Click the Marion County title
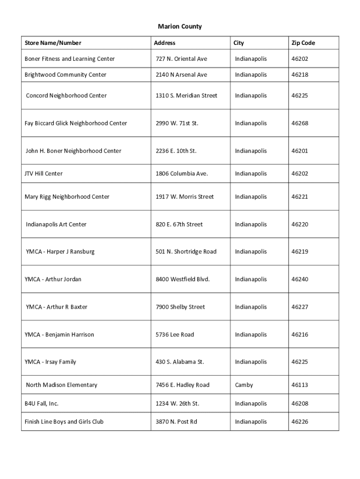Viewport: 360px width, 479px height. (180, 27)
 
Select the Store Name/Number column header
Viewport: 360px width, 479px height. (53, 43)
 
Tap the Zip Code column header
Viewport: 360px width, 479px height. (303, 43)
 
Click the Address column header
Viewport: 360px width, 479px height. (165, 43)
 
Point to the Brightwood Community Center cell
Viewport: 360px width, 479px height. (65, 75)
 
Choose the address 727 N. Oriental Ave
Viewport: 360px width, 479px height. (181, 59)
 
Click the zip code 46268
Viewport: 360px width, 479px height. (300, 123)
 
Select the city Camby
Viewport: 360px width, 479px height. (244, 385)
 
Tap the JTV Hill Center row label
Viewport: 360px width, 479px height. (43, 174)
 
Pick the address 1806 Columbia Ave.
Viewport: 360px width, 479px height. (182, 174)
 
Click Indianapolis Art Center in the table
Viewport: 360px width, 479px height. (56, 225)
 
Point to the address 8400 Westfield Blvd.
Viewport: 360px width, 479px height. (183, 279)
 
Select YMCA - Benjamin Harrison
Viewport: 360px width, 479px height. (59, 334)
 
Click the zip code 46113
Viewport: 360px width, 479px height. (300, 385)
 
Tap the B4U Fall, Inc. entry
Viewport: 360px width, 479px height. (42, 403)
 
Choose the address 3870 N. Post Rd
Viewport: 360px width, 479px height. (176, 422)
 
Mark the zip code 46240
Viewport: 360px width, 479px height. (300, 279)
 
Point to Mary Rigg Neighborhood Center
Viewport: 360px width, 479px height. (67, 197)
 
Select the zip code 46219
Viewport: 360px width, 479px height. (300, 252)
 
